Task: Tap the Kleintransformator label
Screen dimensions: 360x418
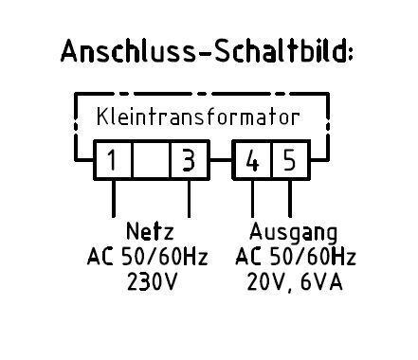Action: [x=198, y=119]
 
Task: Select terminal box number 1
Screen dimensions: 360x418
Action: [x=113, y=160]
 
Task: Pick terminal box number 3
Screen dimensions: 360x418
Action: [x=189, y=160]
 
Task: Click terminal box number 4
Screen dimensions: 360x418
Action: [x=252, y=160]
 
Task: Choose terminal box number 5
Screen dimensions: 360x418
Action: [x=289, y=160]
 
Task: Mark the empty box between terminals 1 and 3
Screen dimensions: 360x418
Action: [x=151, y=160]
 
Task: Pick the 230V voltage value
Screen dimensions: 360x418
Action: [x=152, y=283]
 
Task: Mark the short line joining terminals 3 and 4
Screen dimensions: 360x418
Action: [x=221, y=160]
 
